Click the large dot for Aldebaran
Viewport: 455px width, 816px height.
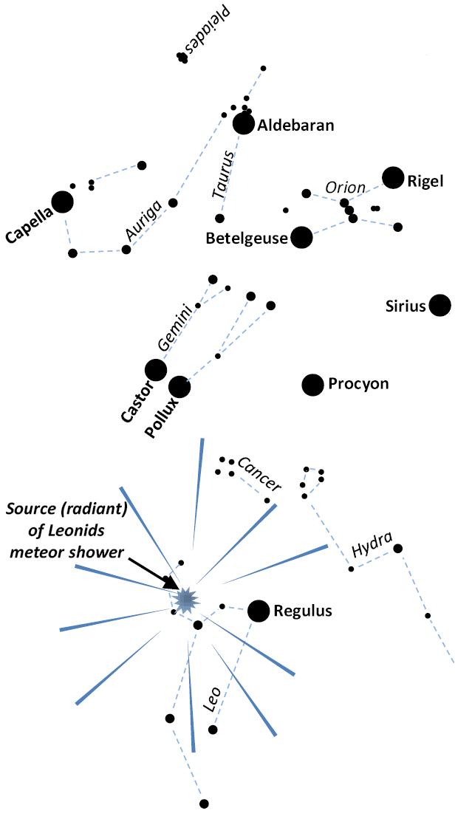point(243,124)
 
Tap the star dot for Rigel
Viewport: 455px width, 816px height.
point(393,178)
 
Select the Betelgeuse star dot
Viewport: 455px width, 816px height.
point(301,237)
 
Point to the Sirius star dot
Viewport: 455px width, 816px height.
point(440,305)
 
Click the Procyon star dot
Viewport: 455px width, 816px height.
point(313,384)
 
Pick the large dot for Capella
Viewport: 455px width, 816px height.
point(62,202)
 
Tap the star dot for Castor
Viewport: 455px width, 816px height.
point(156,369)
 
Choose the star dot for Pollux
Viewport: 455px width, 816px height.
point(179,386)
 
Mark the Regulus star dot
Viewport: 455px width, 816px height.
point(259,611)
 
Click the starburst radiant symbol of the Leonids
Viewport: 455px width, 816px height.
point(184,598)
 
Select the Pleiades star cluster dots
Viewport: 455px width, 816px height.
point(182,57)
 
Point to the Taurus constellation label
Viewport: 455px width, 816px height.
point(224,174)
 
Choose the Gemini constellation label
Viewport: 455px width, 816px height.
point(176,326)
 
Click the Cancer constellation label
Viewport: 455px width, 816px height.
point(259,474)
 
